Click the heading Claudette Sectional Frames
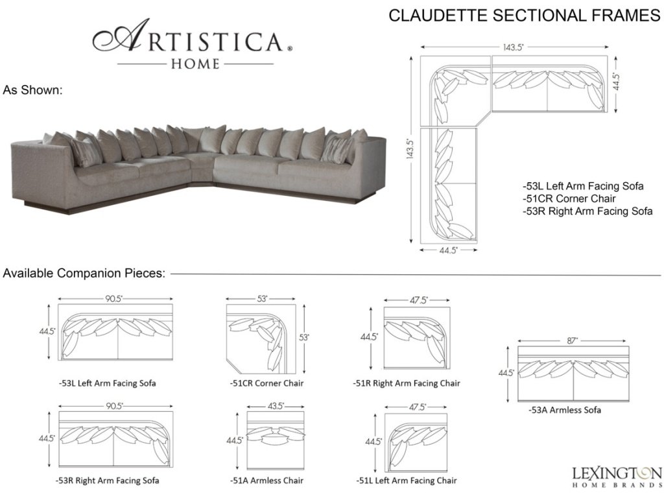click(x=524, y=16)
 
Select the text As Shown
click(x=32, y=90)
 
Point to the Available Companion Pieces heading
click(x=84, y=273)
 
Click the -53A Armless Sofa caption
click(x=564, y=410)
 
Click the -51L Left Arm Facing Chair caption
click(x=407, y=480)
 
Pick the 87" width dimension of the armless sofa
click(x=573, y=340)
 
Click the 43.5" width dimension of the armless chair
click(x=276, y=406)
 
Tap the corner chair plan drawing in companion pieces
click(x=263, y=340)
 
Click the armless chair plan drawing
click(x=276, y=440)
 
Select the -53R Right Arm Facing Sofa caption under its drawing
click(x=108, y=480)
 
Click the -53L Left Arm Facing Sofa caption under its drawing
click(x=108, y=383)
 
